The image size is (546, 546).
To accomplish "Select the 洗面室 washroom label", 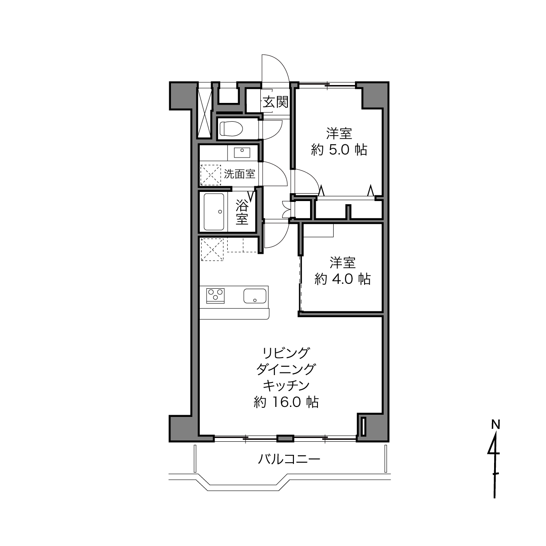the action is [239, 174].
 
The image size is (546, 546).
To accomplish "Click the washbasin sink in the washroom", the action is [242, 153].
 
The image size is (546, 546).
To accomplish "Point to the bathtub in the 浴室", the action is [214, 212].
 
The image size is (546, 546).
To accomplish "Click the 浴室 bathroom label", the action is [242, 212].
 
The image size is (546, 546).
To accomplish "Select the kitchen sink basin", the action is [255, 296].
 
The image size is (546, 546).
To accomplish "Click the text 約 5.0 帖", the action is [339, 150].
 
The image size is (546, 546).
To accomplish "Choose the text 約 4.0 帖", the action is [342, 279].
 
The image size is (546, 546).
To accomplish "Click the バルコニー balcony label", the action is [289, 459].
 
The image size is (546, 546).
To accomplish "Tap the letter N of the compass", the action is [495, 424].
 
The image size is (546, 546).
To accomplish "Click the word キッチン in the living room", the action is [286, 386].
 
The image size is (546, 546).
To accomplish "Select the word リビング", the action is [286, 353].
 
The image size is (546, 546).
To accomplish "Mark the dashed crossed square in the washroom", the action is [211, 175].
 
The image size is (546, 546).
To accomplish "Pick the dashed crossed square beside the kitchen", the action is [212, 249].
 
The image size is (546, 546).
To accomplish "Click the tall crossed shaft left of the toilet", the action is [205, 113].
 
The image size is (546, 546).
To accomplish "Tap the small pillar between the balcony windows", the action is [285, 438].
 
